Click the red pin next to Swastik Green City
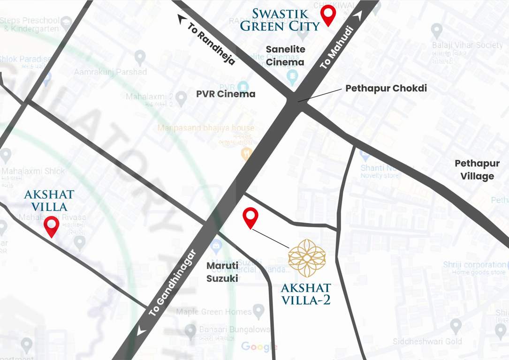(327, 15)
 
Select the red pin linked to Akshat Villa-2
(251, 217)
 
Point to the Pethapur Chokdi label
(386, 88)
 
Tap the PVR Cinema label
(226, 94)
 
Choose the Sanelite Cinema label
(285, 55)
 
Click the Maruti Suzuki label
(222, 272)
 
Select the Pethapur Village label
(477, 170)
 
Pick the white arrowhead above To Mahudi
(359, 16)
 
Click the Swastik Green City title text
(280, 19)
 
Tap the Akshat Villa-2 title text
(306, 293)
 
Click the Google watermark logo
(259, 347)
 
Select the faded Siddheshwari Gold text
(427, 341)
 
